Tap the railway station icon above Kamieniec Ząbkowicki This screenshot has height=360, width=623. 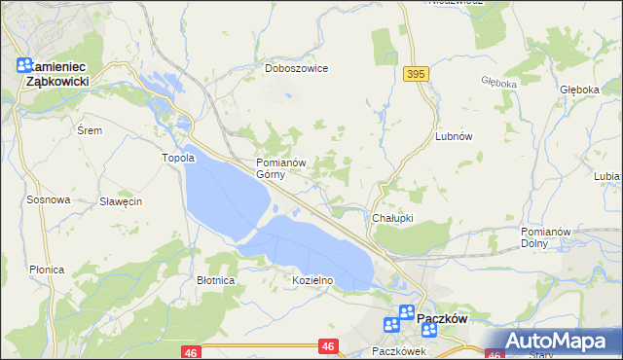pos(25,66)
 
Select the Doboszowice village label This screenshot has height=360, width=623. pos(297,69)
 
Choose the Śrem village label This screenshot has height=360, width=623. pos(90,129)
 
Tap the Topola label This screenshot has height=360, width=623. pos(178,158)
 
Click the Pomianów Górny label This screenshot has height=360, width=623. pos(281,168)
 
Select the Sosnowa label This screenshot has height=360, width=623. pos(49,199)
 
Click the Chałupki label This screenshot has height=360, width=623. pos(393,218)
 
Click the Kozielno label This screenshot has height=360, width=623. pos(313,280)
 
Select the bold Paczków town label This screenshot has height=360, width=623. pos(443,318)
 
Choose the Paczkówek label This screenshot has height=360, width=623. pos(399,350)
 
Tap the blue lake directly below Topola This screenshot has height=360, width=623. pos(224,195)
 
